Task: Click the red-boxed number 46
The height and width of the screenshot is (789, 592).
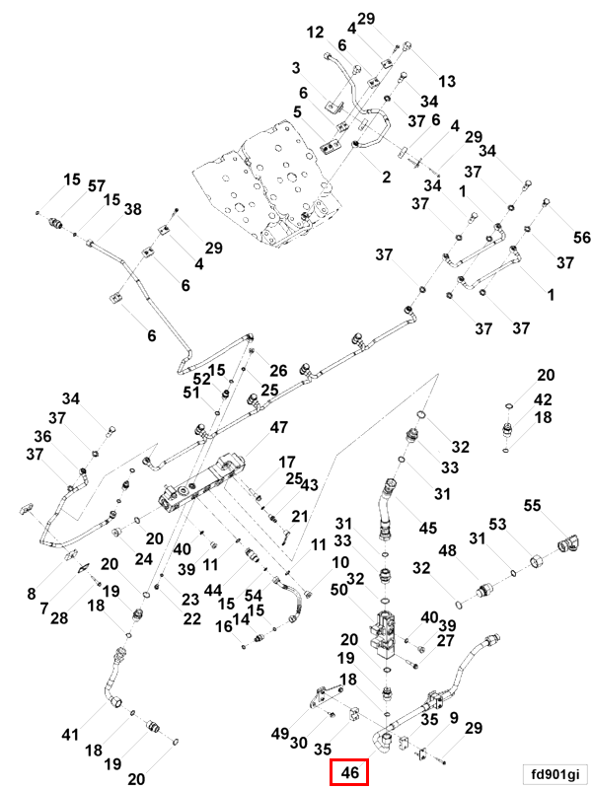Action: point(347,773)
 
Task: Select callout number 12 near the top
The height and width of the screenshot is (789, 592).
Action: point(315,33)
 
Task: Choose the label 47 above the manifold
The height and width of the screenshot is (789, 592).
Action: point(279,427)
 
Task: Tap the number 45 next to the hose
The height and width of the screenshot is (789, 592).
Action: point(427,529)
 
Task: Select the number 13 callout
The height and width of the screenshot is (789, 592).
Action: point(447,81)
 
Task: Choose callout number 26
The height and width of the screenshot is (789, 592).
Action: point(278,371)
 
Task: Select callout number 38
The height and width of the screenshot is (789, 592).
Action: point(133,209)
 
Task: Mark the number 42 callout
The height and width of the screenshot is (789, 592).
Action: point(544,399)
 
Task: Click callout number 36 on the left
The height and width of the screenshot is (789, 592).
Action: point(42,436)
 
